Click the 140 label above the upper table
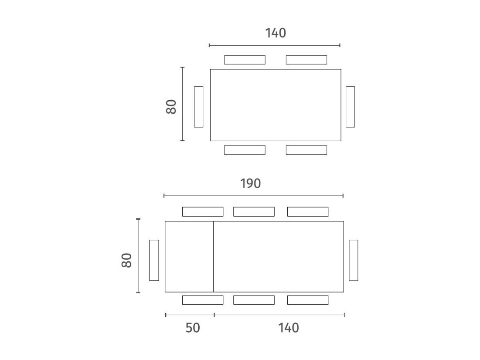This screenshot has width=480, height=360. [x=276, y=33]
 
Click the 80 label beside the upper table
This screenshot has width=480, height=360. [x=171, y=107]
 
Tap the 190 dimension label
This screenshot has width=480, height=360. [x=250, y=183]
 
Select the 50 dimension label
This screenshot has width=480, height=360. [x=193, y=328]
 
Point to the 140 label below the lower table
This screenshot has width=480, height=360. [x=288, y=328]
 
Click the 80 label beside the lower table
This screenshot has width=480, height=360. [x=126, y=260]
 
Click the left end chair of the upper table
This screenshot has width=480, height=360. [x=199, y=107]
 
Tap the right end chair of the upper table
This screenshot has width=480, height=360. [x=350, y=107]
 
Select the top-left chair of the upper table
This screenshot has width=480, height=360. [x=245, y=60]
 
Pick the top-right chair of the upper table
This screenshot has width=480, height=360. [x=306, y=60]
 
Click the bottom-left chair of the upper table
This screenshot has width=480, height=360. [x=245, y=150]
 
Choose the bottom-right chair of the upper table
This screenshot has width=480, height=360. [x=306, y=150]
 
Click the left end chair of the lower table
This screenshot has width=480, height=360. [x=154, y=260]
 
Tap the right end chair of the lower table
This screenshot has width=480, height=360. [x=353, y=260]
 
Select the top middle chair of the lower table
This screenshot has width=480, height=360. [x=254, y=211]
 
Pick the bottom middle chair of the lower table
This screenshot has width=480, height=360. [x=254, y=300]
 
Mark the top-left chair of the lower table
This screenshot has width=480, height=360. [x=203, y=211]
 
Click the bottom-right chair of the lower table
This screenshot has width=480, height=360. [x=308, y=300]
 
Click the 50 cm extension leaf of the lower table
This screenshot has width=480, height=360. [x=189, y=257]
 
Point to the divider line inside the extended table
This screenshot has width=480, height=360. [x=213, y=257]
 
